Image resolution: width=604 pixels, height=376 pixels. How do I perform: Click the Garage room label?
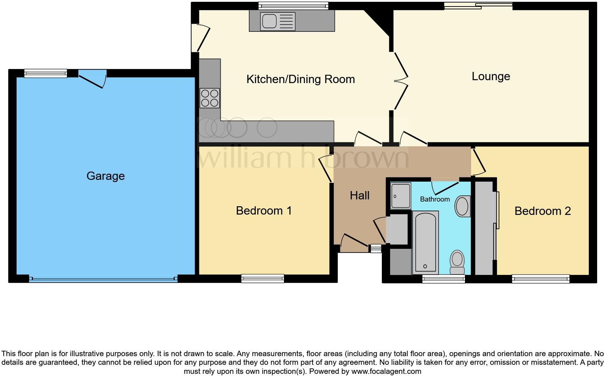tap(105, 176)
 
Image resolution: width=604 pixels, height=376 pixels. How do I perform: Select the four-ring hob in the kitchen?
tap(210, 98)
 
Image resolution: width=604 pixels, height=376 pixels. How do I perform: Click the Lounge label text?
tap(491, 76)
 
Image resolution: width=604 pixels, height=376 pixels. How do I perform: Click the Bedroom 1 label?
tap(264, 211)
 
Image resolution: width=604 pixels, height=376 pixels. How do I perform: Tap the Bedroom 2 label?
tap(542, 211)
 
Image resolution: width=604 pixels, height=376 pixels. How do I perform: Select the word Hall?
tap(359, 195)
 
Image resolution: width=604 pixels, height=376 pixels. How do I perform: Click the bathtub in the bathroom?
tap(425, 242)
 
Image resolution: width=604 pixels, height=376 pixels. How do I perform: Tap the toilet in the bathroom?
tap(457, 263)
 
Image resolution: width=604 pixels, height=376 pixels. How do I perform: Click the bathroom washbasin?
tap(462, 206)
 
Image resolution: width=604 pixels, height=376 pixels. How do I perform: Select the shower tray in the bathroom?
tap(401, 196)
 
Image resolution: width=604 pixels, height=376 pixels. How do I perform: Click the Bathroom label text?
tap(435, 199)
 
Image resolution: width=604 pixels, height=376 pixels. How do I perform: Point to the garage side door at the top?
tap(92, 78)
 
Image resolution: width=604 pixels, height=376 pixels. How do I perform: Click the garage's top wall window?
tap(46, 73)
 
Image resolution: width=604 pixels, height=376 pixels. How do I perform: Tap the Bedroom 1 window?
tap(263, 278)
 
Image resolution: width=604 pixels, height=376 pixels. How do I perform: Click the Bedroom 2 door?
tap(479, 162)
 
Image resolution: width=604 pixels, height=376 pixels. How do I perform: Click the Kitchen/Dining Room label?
tap(301, 79)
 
